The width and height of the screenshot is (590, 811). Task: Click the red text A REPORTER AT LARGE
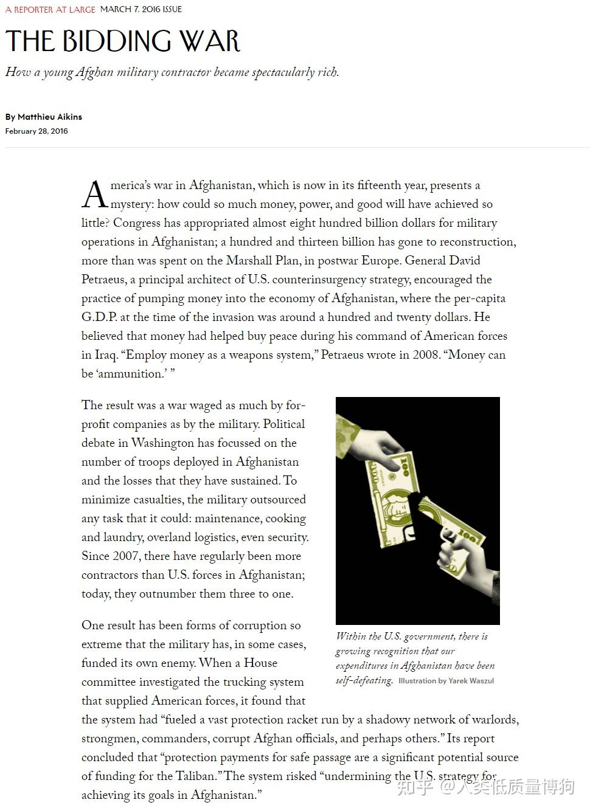coord(50,10)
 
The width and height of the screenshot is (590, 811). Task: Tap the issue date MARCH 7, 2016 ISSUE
coord(141,10)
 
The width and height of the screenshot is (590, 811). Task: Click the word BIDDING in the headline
coord(119,41)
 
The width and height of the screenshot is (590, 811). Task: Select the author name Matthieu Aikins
coord(50,117)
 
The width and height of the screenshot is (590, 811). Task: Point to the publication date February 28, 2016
coord(36,131)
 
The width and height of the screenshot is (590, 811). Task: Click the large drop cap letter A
coord(94,196)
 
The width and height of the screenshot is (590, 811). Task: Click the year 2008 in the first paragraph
coord(426,355)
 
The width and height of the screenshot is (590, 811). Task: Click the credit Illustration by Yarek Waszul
coord(446,681)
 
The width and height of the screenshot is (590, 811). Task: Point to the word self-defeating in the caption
coord(364,680)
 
